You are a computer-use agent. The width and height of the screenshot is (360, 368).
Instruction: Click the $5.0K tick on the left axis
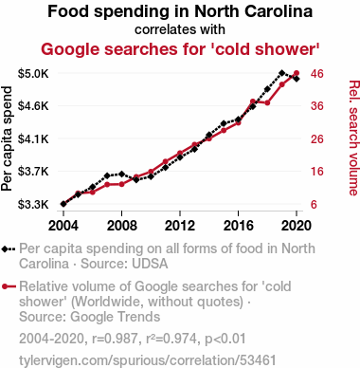pyautogui.click(x=33, y=74)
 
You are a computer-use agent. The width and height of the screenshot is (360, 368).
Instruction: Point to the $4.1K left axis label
pyautogui.click(x=33, y=138)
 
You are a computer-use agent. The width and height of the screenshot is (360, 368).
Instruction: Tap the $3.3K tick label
pyautogui.click(x=33, y=205)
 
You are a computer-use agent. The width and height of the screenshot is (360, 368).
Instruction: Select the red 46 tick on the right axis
pyautogui.click(x=317, y=74)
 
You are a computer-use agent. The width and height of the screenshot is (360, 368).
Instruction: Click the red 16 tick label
pyautogui.click(x=317, y=172)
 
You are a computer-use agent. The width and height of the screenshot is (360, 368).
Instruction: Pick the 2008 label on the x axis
pyautogui.click(x=121, y=226)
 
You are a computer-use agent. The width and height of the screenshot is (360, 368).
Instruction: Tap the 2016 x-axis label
pyautogui.click(x=239, y=226)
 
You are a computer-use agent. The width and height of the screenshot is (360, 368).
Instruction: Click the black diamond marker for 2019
pyautogui.click(x=282, y=73)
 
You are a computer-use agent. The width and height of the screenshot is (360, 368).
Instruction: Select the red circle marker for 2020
pyautogui.click(x=297, y=73)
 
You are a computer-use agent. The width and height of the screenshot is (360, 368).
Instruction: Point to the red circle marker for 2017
pyautogui.click(x=253, y=101)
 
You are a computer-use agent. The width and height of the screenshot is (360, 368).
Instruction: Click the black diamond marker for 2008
pyautogui.click(x=122, y=174)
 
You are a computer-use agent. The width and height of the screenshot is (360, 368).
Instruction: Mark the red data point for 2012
pyautogui.click(x=180, y=153)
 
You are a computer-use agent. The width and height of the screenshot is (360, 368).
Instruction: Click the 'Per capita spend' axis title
pyautogui.click(x=7, y=138)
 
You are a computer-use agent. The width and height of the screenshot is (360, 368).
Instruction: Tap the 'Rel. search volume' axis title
pyautogui.click(x=353, y=138)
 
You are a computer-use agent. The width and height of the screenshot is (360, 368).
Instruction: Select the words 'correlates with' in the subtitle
pyautogui.click(x=180, y=29)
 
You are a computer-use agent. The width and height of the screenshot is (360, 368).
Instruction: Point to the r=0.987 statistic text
pyautogui.click(x=115, y=339)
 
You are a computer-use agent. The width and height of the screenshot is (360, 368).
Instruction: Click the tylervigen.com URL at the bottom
pyautogui.click(x=148, y=360)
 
